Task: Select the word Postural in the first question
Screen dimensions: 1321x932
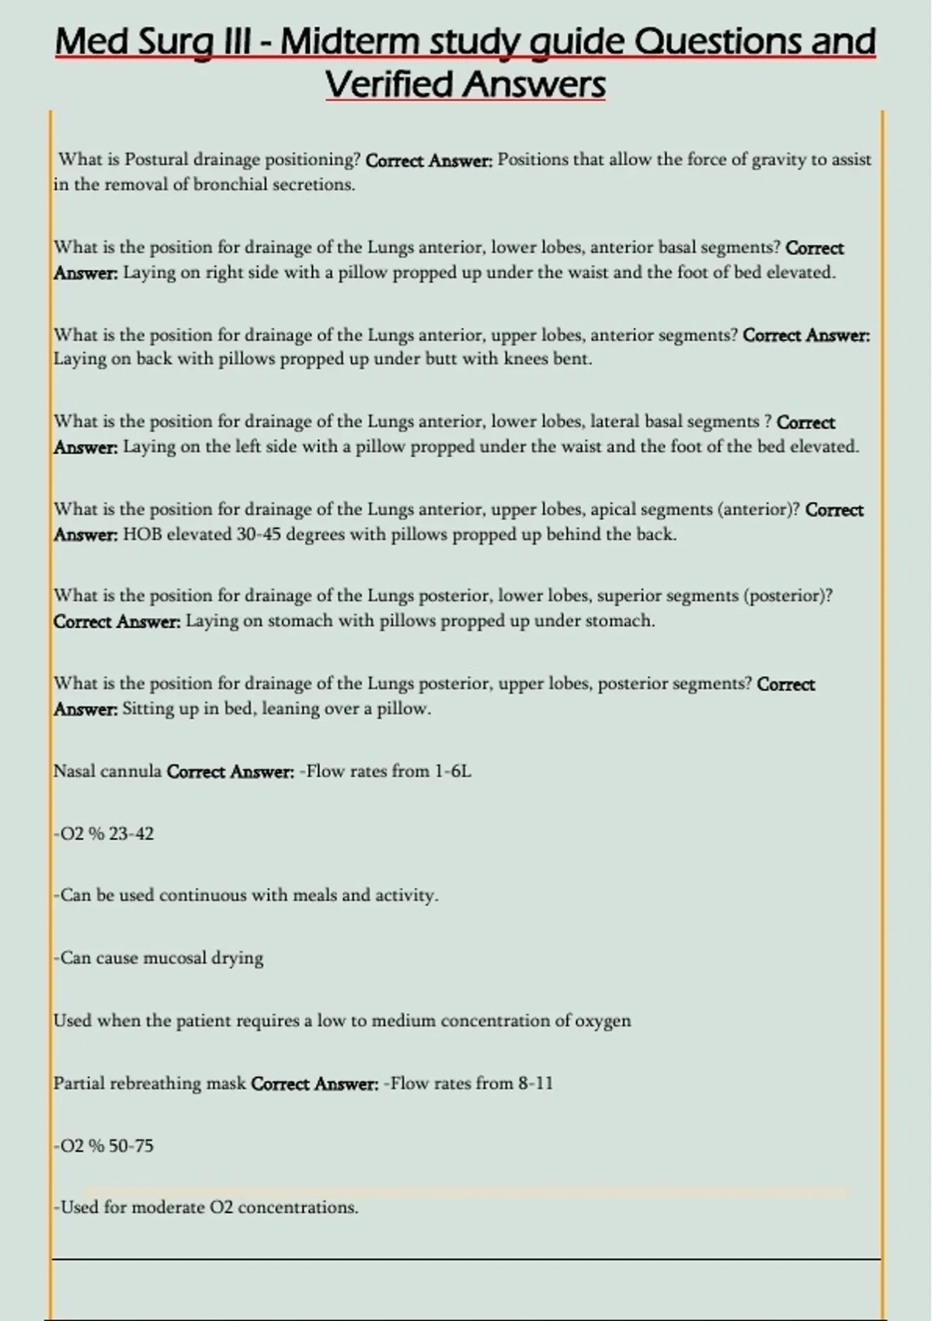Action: tap(156, 159)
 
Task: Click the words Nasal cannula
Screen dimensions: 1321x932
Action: tap(107, 772)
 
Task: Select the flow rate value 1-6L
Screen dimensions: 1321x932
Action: tap(453, 772)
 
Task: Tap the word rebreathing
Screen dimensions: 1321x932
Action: tap(155, 1083)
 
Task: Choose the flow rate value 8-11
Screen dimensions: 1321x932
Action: tap(536, 1083)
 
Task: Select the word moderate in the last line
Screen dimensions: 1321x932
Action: tap(169, 1208)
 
